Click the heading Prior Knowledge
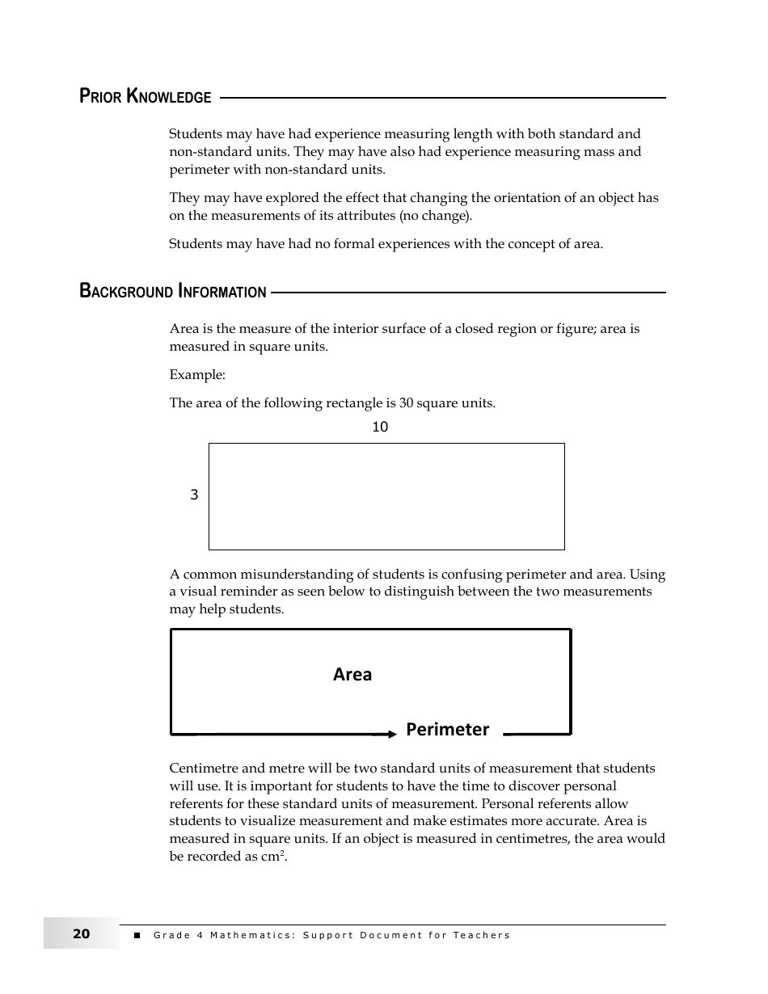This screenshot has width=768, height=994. (146, 97)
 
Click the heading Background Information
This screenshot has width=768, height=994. (173, 292)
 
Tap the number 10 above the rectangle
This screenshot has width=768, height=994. (380, 428)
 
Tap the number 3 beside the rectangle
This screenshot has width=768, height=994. (194, 495)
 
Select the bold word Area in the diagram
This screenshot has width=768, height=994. (352, 675)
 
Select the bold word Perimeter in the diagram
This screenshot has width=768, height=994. (447, 730)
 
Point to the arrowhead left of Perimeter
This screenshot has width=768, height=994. (392, 734)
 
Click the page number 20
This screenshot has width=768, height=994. (82, 934)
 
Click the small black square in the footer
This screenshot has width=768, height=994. (137, 936)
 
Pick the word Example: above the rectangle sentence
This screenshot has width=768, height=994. (197, 375)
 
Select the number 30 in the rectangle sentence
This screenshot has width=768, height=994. (407, 403)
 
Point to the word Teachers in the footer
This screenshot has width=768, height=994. (482, 936)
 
